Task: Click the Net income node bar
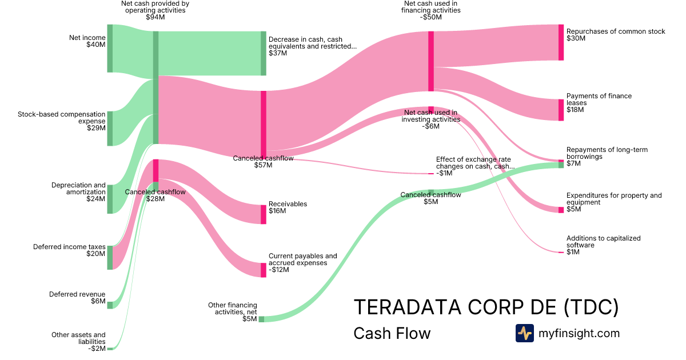110,49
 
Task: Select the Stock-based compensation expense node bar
110,129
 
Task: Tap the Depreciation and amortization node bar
110,199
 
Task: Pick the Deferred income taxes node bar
110,258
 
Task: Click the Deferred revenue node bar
110,305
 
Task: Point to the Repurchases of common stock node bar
561,42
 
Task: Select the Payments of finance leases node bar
561,110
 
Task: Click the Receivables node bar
264,214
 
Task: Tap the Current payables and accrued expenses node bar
264,270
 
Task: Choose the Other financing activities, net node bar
261,319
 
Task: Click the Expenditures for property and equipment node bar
561,210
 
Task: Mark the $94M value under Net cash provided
155,17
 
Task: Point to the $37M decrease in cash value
278,53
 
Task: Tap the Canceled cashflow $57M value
263,165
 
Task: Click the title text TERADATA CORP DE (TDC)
486,307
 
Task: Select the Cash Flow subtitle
392,333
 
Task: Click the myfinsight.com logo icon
524,333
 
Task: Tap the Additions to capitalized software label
603,242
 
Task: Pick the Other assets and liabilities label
78,338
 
